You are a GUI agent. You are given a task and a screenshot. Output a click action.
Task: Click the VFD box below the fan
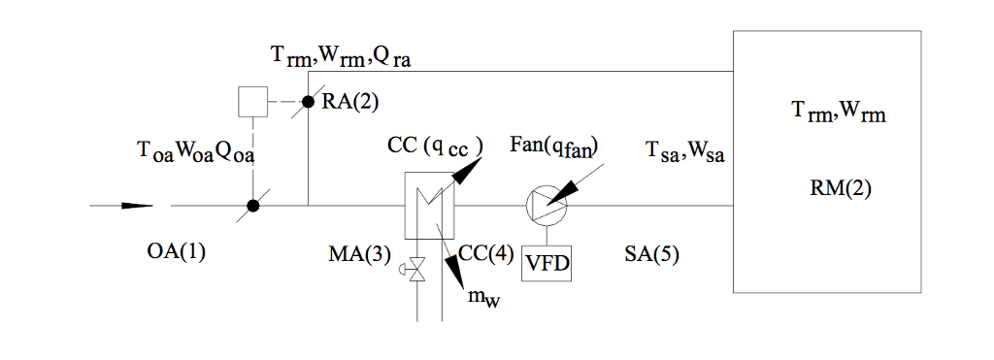coord(547,262)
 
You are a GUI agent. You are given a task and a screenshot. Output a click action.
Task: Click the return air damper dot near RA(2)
coord(308,101)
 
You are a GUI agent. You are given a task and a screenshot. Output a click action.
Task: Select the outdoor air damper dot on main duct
coord(252,206)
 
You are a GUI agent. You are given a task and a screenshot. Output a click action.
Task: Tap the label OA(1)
coord(177,253)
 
